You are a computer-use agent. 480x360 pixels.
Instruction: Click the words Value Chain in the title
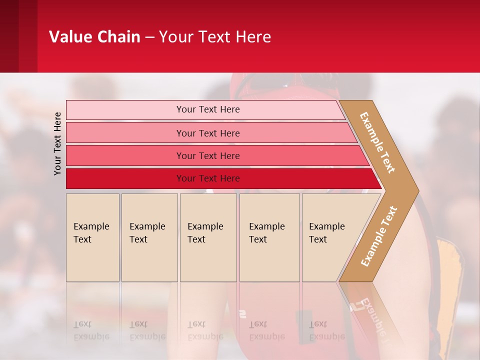94,37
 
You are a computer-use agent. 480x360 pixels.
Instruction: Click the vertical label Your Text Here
57,143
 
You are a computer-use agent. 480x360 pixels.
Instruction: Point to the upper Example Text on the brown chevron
377,142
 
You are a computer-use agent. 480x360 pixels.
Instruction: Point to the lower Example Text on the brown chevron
379,236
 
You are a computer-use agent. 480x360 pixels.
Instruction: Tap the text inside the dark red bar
208,178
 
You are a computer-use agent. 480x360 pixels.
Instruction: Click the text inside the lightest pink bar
208,109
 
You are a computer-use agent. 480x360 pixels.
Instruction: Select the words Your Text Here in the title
215,37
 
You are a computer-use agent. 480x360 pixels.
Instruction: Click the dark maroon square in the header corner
9,36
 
